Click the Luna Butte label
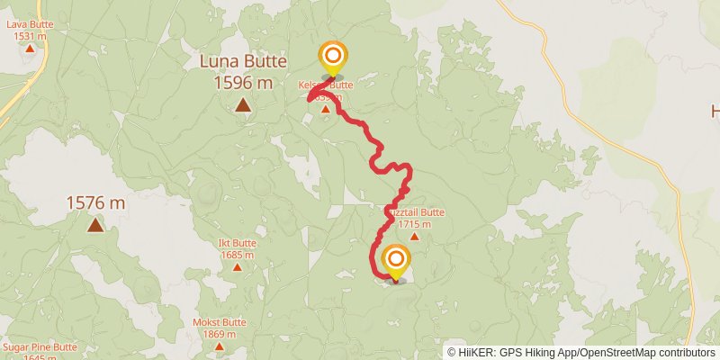click(243, 62)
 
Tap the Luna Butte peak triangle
click(243, 105)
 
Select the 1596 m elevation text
click(243, 83)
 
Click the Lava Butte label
click(30, 24)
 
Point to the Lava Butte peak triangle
click(30, 48)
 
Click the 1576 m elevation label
click(94, 203)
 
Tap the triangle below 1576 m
click(94, 225)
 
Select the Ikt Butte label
click(238, 244)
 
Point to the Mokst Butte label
click(220, 322)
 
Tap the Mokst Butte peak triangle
click(220, 346)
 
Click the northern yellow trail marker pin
click(332, 57)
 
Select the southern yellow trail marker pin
click(394, 261)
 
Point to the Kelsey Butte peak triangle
click(326, 109)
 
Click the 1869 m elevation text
click(220, 333)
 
